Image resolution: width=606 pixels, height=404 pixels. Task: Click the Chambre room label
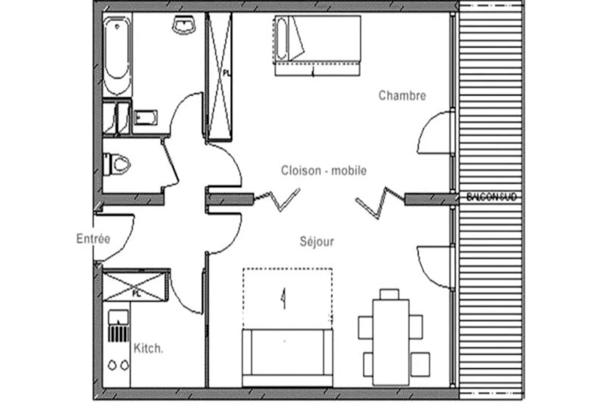click(402, 96)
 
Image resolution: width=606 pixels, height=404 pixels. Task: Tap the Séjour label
click(317, 242)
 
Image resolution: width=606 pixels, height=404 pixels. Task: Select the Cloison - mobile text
click(324, 171)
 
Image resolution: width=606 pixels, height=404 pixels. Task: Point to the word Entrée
click(93, 239)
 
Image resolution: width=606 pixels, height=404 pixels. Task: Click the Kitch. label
click(148, 348)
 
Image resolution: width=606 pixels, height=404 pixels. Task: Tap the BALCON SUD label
click(491, 197)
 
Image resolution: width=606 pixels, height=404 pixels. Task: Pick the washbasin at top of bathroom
click(185, 25)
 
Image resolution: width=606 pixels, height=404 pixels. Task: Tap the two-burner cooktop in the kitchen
click(118, 365)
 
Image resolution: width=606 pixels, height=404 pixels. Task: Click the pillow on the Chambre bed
click(281, 39)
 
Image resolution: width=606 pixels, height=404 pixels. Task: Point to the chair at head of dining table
click(389, 294)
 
